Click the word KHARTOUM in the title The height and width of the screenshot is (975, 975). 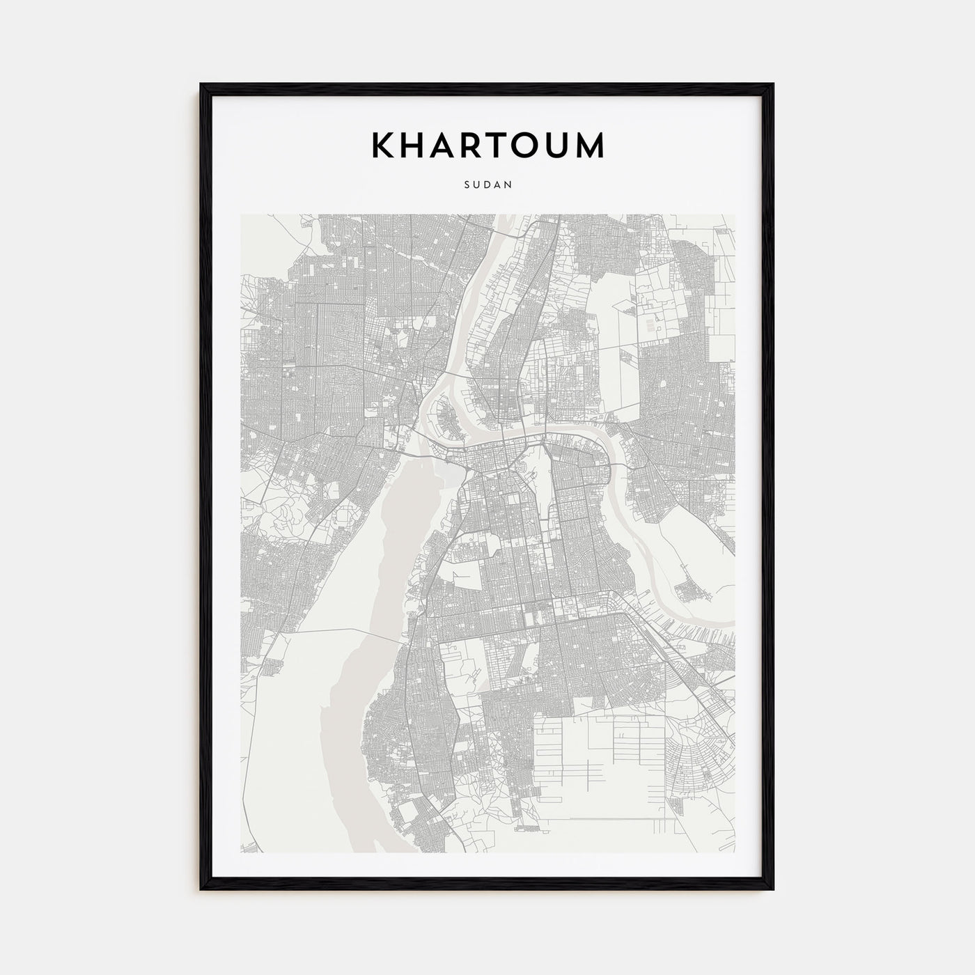click(x=487, y=145)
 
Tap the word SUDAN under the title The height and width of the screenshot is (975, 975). click(x=487, y=185)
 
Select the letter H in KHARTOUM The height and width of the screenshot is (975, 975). click(x=416, y=145)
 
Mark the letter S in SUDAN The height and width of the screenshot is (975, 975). click(x=466, y=185)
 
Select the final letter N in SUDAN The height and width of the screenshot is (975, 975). click(x=509, y=185)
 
